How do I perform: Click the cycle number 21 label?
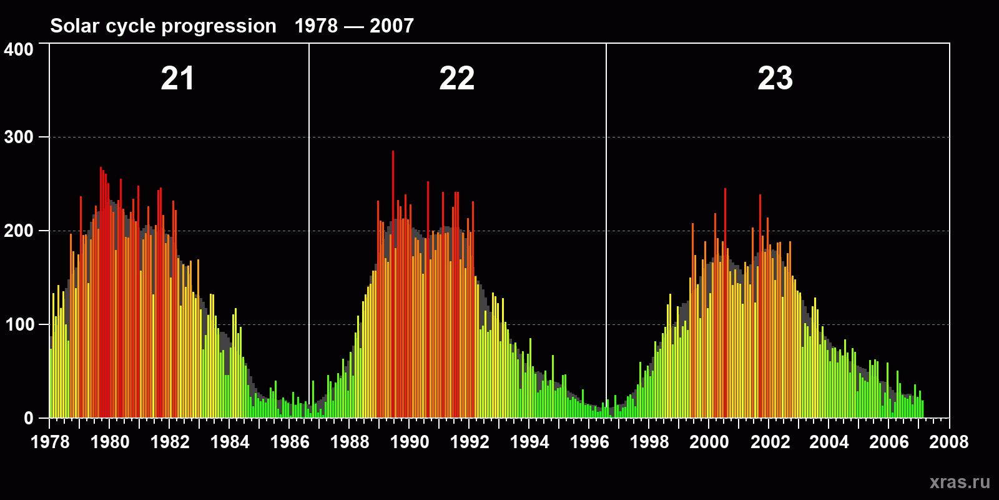[177, 79]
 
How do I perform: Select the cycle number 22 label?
[456, 79]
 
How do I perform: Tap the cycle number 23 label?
[775, 79]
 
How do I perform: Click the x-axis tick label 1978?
[50, 442]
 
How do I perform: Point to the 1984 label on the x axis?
[230, 442]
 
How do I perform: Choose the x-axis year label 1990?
[410, 442]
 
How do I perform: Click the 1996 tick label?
[589, 442]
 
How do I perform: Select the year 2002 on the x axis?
[770, 442]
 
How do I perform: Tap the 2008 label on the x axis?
[948, 442]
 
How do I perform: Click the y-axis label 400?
[19, 49]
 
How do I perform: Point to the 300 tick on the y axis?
[19, 137]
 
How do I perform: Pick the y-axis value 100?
[19, 324]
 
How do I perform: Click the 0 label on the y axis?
[29, 418]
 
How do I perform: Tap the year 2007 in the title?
[391, 26]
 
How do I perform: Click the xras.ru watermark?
[960, 482]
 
